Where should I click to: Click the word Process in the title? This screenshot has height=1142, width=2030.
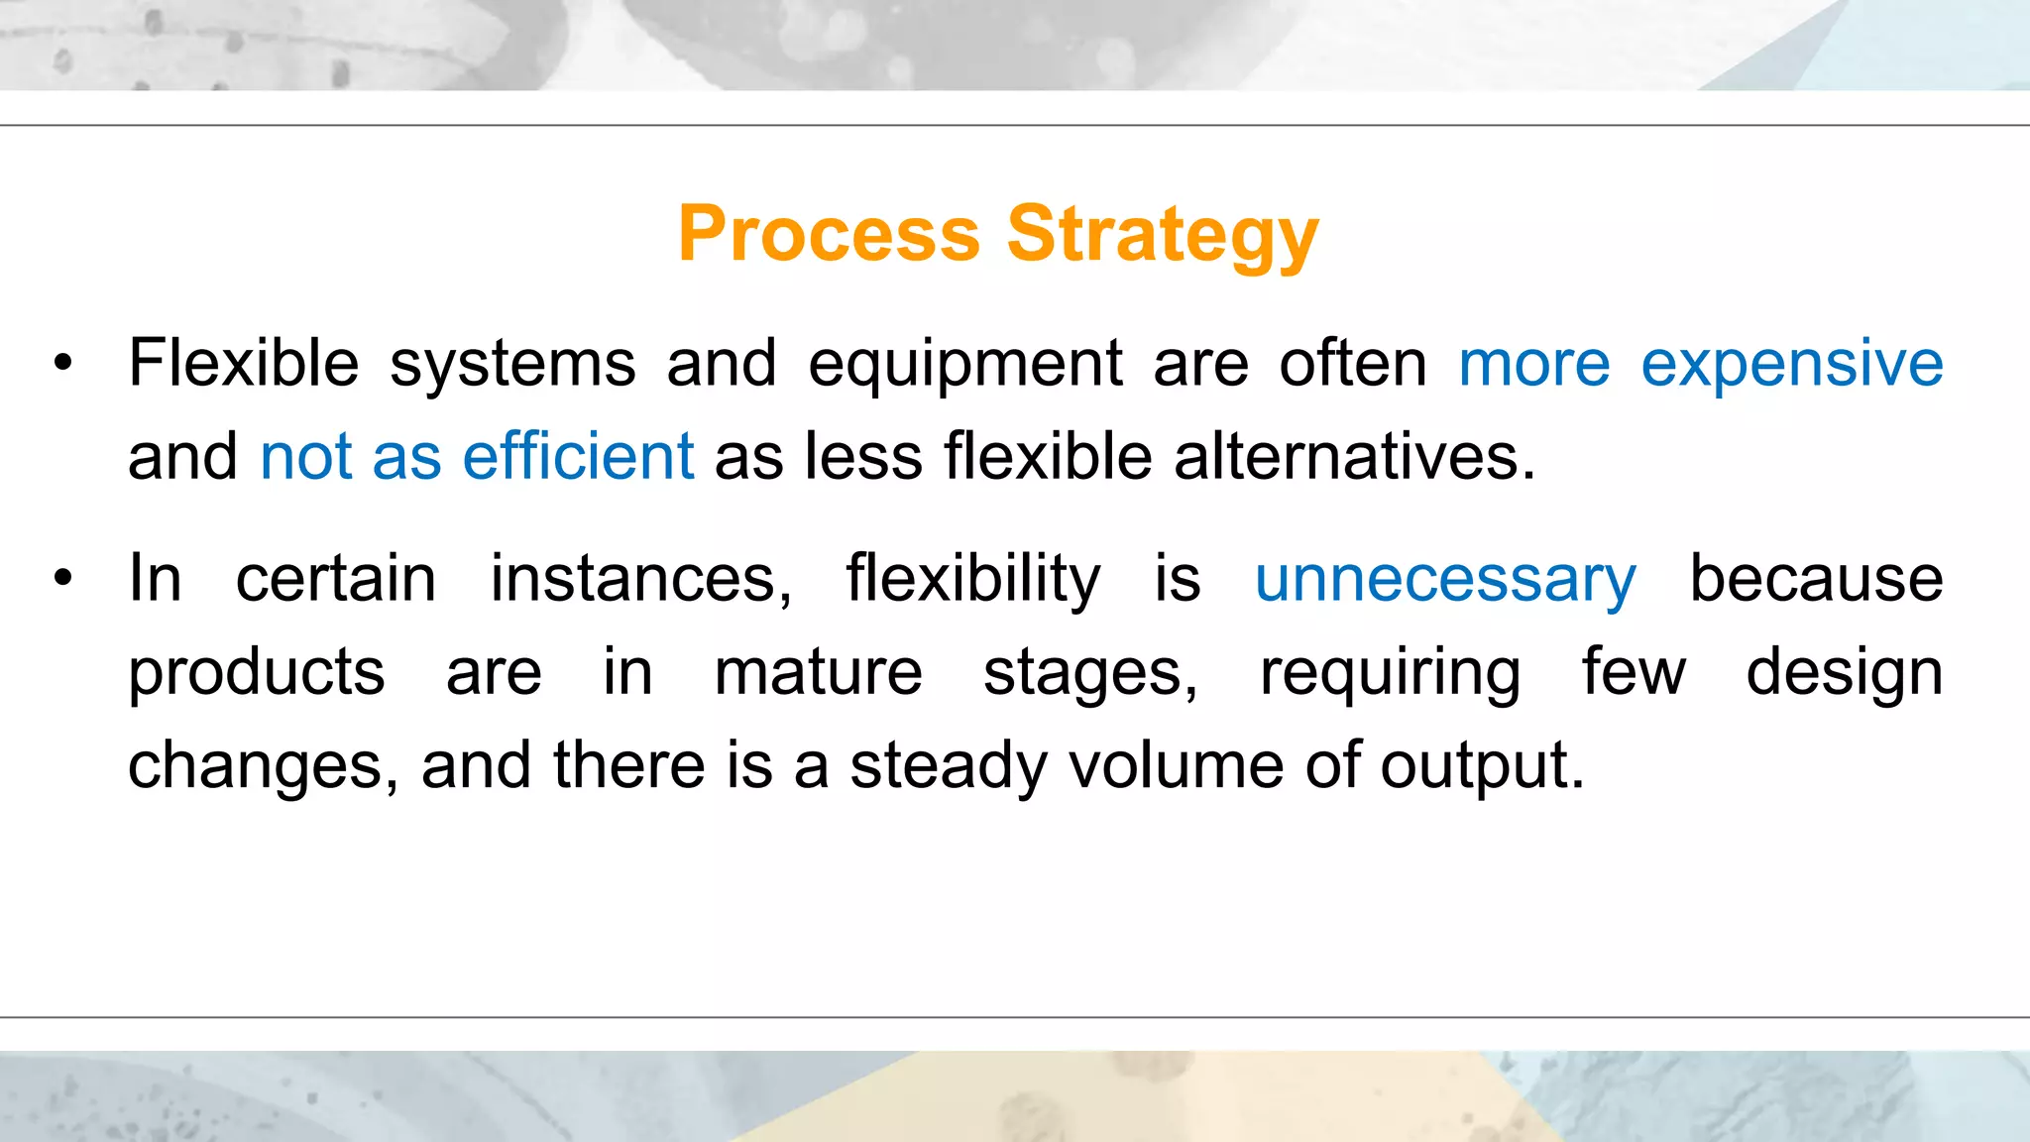[829, 234]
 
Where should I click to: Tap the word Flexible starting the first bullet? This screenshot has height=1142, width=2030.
[243, 363]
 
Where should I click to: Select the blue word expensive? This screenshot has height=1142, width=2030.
[1791, 365]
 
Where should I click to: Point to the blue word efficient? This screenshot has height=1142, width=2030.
[578, 457]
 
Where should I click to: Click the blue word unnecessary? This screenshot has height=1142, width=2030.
[1445, 580]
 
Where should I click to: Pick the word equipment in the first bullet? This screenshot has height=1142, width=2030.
[964, 365]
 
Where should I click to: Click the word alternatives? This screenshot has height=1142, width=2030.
[1354, 457]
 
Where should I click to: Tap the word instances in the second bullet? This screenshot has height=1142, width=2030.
[640, 580]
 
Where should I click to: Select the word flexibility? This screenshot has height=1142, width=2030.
[972, 580]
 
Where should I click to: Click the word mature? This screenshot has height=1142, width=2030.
[818, 673]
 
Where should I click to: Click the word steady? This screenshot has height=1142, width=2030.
[948, 767]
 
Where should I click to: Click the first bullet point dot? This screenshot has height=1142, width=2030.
[63, 364]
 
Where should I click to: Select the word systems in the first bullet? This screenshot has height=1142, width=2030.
[512, 365]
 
